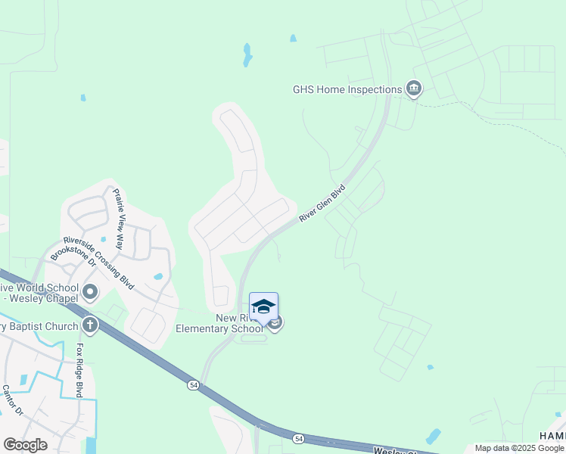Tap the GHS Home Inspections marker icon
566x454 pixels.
pyautogui.click(x=414, y=89)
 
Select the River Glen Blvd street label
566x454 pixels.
pyautogui.click(x=322, y=203)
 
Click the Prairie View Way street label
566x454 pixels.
pyautogui.click(x=119, y=219)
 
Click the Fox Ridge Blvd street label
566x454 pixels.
pyautogui.click(x=78, y=370)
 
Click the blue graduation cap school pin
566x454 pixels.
pyautogui.click(x=263, y=307)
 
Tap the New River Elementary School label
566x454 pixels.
pyautogui.click(x=218, y=324)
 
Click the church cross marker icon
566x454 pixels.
pyautogui.click(x=90, y=326)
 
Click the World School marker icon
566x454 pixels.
pyautogui.click(x=90, y=291)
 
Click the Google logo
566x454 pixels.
pyautogui.click(x=25, y=444)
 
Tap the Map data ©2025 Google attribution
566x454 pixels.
pyautogui.click(x=519, y=448)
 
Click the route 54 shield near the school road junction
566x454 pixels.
pyautogui.click(x=194, y=385)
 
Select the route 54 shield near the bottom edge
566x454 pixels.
pyautogui.click(x=299, y=438)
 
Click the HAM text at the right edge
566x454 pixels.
pyautogui.click(x=552, y=436)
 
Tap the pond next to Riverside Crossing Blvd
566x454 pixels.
pyautogui.click(x=158, y=277)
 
